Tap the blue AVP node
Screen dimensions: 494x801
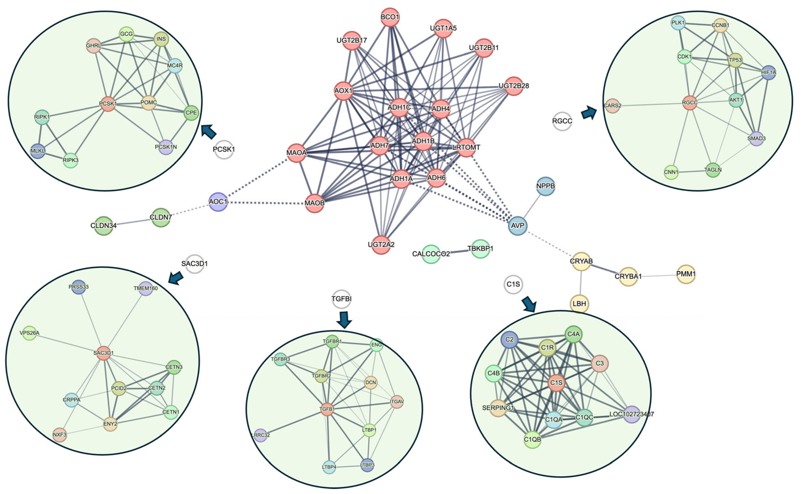518,225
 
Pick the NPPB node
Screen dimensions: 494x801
545,186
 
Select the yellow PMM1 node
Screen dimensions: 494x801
686,274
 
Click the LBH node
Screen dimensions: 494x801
579,304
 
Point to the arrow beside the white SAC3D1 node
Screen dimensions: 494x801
175,278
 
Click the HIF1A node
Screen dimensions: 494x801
768,72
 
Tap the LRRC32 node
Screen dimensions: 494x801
260,435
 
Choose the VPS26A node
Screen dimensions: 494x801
29,333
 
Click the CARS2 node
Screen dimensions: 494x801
612,105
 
